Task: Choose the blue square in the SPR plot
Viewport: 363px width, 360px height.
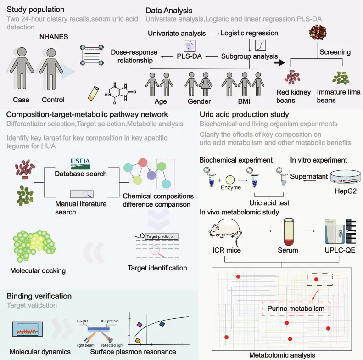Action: (162, 324)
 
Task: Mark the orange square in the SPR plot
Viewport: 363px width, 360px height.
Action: (138, 341)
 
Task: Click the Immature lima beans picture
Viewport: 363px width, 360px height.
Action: (341, 77)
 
